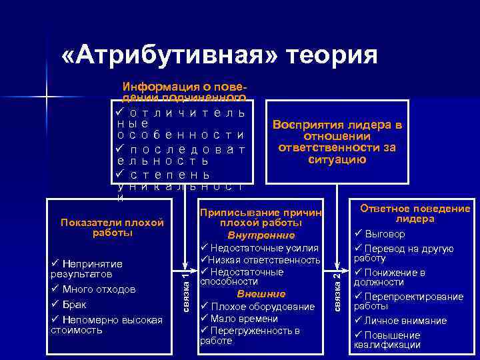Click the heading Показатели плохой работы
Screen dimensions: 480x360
[112, 227]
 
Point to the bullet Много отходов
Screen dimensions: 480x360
[97, 289]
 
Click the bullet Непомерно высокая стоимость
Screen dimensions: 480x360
[107, 325]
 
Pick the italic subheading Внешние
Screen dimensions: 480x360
[261, 294]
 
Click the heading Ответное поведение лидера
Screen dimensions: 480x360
[415, 213]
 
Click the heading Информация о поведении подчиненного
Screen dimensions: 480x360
[184, 91]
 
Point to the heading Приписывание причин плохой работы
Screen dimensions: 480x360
[261, 217]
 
